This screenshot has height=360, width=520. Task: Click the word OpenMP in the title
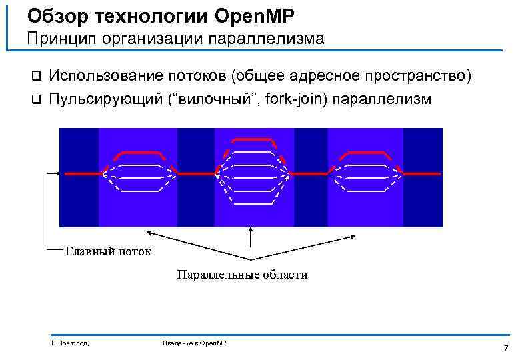coord(261,15)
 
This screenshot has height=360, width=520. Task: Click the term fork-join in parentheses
coord(294,99)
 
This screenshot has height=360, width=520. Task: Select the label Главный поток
coord(108,251)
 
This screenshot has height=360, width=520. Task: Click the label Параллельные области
coord(242,274)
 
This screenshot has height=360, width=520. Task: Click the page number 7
coord(506,348)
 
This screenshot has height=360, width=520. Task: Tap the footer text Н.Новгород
coord(69,343)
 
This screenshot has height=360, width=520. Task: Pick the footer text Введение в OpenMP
coord(195,343)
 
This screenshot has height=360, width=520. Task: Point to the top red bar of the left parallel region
coord(137,153)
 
